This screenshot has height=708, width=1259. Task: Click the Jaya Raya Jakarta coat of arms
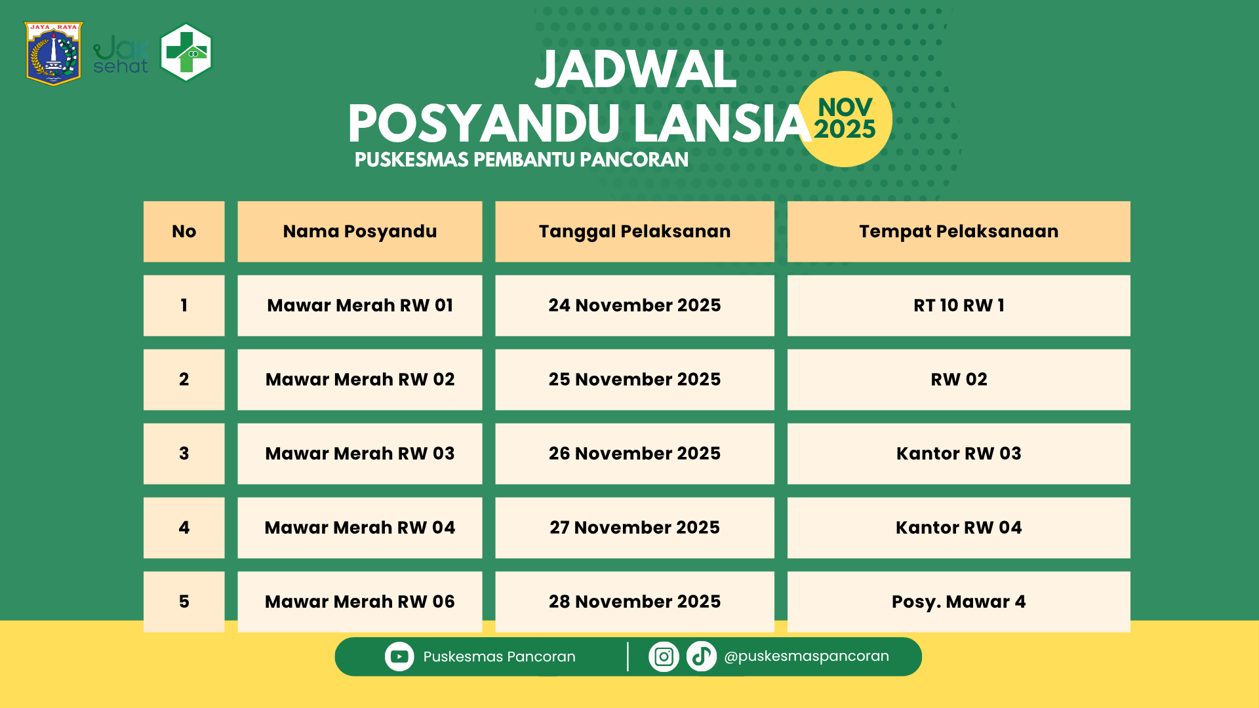[53, 54]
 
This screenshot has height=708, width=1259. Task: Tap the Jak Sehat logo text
[121, 55]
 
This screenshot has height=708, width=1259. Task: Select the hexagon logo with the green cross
[186, 52]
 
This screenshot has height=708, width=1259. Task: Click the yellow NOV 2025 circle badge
[845, 119]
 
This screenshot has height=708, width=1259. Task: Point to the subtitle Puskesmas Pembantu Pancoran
[521, 159]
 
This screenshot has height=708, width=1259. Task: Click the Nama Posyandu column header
[359, 231]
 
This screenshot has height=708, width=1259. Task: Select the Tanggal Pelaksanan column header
[634, 231]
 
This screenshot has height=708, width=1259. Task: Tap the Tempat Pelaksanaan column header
[958, 231]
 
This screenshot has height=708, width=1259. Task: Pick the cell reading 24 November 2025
[634, 305]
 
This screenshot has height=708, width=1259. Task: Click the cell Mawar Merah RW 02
[359, 380]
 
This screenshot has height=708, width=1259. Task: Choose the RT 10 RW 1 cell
[958, 305]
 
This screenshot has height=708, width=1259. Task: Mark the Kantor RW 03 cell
[958, 454]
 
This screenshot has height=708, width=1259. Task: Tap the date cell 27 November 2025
[634, 528]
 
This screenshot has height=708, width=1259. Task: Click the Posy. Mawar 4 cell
[958, 602]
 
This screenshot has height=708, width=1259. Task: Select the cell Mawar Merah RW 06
[359, 602]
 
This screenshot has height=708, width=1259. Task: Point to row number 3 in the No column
[184, 454]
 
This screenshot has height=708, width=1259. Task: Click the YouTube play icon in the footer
[399, 656]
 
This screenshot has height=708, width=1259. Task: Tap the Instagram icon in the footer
[664, 656]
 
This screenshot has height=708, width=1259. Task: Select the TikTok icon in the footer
[701, 656]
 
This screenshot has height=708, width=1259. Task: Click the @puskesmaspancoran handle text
[807, 656]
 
